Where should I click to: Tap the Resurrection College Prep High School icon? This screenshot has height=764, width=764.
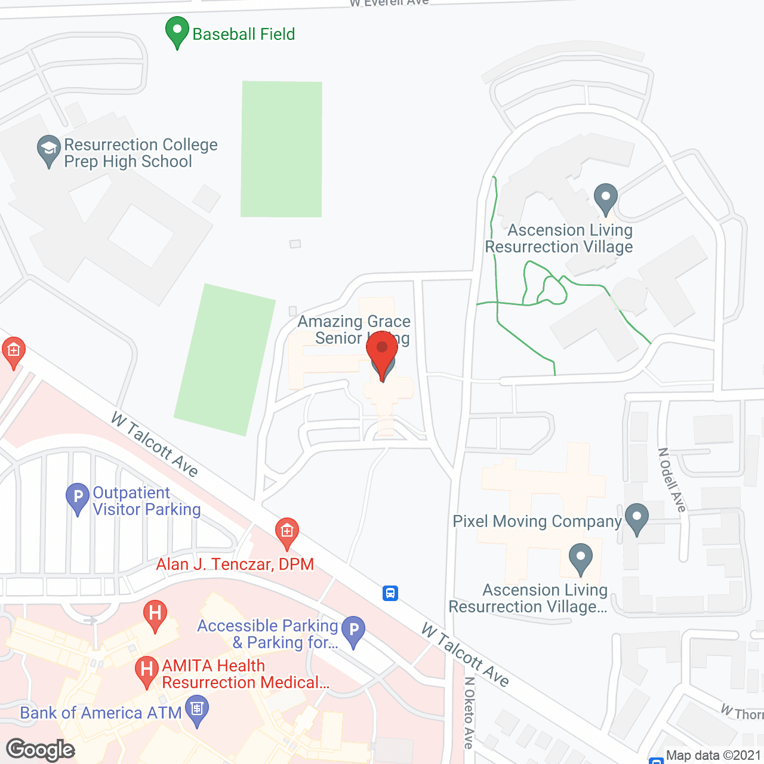point(48,150)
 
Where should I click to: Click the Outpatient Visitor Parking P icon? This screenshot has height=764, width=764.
point(78,497)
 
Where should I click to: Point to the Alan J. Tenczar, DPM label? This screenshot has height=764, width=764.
point(235,565)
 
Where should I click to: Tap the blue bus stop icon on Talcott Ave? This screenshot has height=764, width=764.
point(390,593)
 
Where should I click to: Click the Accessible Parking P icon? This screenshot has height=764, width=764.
point(354,631)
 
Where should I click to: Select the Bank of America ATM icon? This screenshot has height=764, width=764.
point(197,711)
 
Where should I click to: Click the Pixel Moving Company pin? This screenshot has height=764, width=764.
point(637,518)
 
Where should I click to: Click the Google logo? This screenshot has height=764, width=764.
point(41,750)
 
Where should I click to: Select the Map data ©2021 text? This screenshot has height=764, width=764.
point(714,756)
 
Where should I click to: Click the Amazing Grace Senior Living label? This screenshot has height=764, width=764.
point(355,329)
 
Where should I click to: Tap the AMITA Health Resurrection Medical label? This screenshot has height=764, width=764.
point(245,674)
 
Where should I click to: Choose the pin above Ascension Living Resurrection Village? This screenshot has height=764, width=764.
point(606,198)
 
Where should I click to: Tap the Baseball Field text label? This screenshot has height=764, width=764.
point(244,34)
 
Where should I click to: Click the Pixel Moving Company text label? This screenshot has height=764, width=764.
point(537,521)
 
